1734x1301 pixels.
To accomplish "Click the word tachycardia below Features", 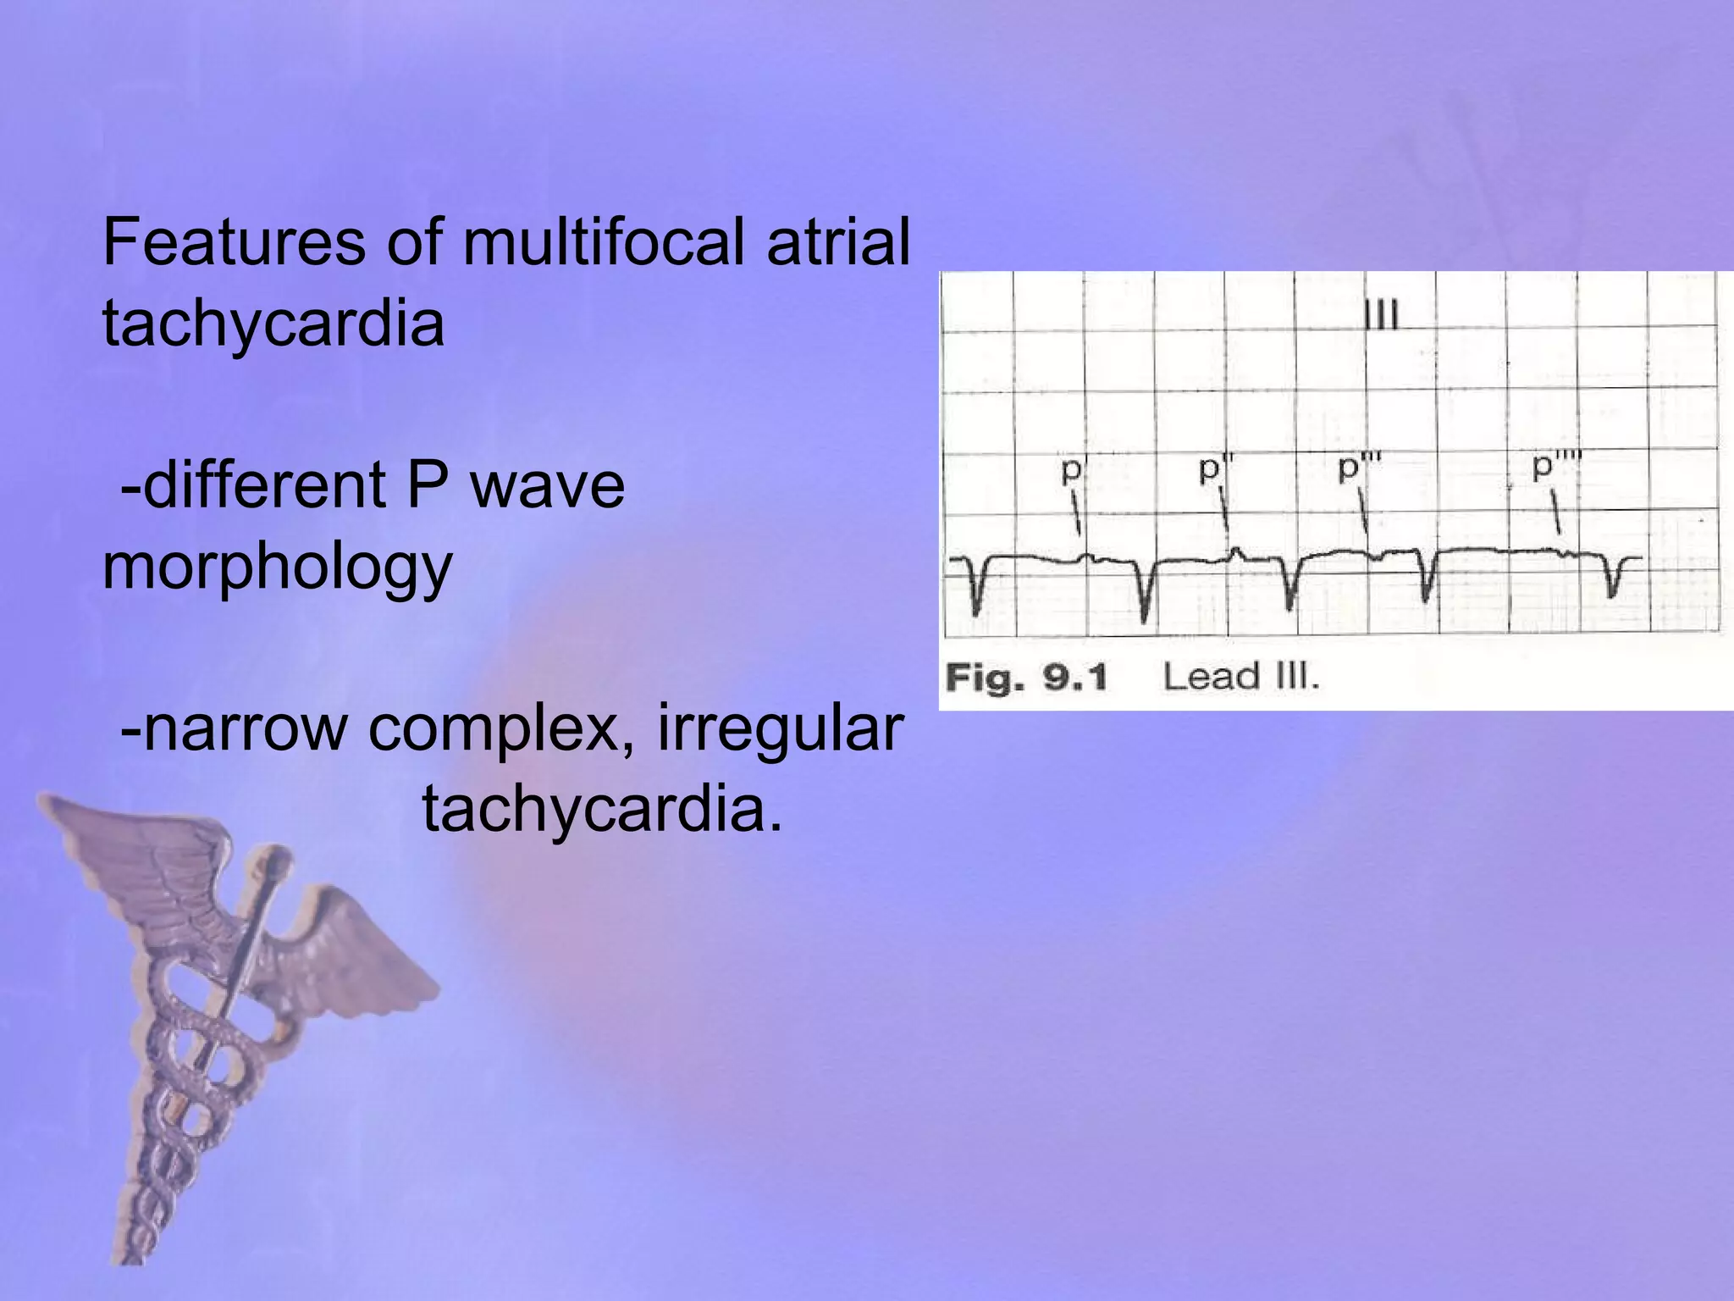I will click(x=273, y=324).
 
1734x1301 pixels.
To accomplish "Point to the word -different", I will click(x=252, y=485).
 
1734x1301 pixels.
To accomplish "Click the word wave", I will click(x=547, y=485).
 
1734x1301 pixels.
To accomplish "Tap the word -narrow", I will click(x=234, y=730).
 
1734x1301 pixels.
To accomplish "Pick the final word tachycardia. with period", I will click(x=602, y=810).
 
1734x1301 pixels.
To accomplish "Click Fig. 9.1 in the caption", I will click(x=1025, y=678).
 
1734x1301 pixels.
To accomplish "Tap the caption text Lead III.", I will click(x=1240, y=678).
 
